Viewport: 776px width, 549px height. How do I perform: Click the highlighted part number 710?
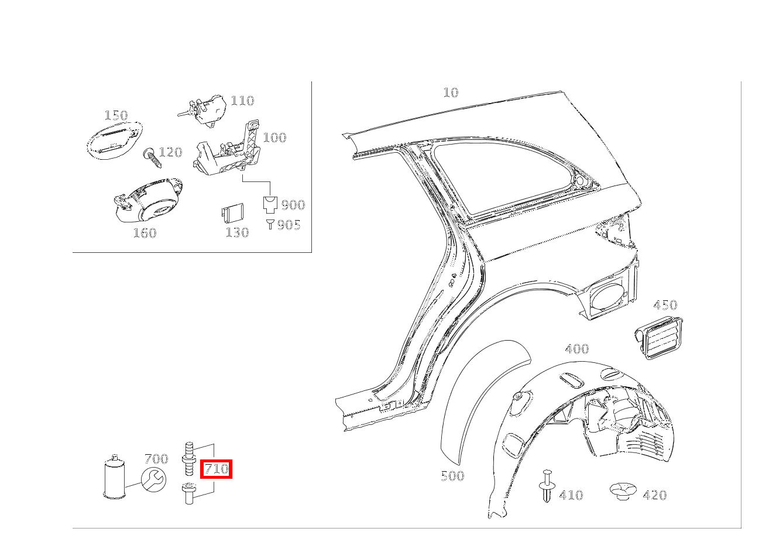click(x=216, y=469)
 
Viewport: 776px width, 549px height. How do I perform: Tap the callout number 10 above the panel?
click(x=451, y=92)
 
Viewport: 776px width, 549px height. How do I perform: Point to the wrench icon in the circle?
click(x=153, y=479)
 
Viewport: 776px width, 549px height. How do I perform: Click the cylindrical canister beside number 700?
click(x=115, y=476)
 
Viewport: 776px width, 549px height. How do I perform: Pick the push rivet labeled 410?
click(x=547, y=486)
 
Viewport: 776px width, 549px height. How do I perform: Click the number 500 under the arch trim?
click(x=452, y=476)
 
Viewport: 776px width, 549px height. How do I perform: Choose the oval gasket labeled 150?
click(x=114, y=140)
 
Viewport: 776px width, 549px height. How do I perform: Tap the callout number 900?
click(x=293, y=205)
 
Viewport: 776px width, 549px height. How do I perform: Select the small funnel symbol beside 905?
click(x=270, y=224)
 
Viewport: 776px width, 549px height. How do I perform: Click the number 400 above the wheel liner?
click(x=577, y=348)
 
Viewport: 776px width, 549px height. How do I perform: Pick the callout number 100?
click(x=274, y=138)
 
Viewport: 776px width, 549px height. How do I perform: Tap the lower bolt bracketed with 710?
click(x=189, y=493)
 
